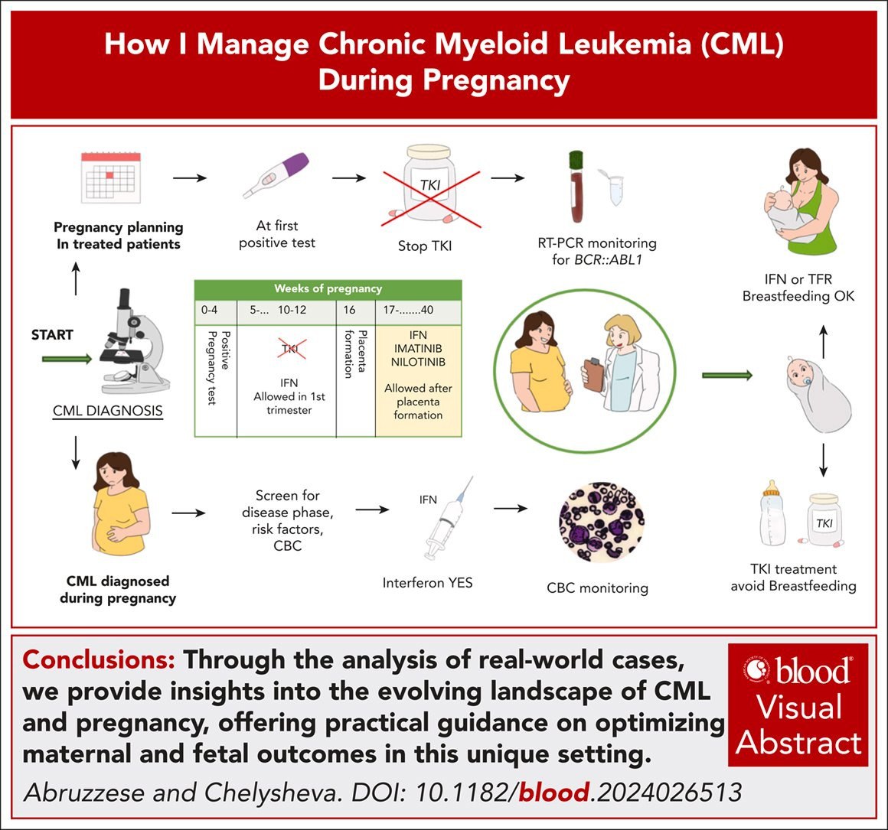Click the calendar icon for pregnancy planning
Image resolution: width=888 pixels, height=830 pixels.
(112, 177)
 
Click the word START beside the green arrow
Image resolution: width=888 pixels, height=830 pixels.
(52, 335)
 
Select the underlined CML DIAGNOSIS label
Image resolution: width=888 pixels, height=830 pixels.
(108, 411)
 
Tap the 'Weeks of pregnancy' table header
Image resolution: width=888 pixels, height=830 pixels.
(328, 289)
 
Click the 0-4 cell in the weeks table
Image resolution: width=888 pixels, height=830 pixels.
(210, 311)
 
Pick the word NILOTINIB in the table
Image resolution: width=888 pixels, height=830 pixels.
(418, 362)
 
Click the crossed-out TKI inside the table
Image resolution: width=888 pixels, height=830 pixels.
(289, 350)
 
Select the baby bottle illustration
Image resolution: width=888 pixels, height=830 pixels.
(775, 513)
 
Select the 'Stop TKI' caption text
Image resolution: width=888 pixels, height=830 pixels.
(424, 246)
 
